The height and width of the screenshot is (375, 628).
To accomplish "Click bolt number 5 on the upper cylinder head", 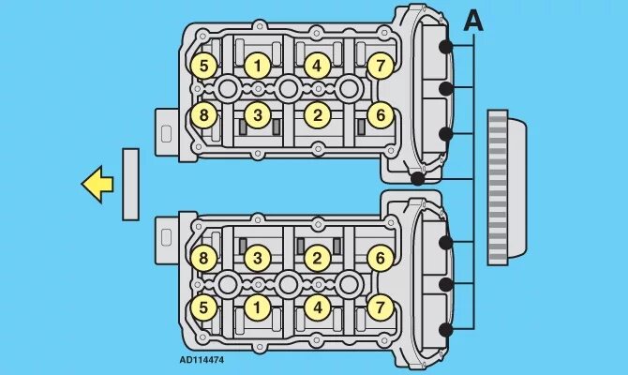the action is [203, 66].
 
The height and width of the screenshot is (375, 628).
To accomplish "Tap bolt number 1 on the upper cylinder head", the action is [258, 66].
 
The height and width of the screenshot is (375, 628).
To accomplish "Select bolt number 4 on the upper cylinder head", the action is [317, 66].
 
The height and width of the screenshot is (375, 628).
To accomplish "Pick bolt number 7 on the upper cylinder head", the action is [378, 66].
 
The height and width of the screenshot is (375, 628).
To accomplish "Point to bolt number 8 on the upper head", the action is [203, 115].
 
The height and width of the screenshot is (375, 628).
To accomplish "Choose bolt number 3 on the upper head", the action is [258, 115].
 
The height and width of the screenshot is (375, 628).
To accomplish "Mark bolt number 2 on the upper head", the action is [317, 115].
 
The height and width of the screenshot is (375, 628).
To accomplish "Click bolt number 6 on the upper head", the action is [378, 115].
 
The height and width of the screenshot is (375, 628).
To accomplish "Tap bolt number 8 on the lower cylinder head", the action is [203, 259].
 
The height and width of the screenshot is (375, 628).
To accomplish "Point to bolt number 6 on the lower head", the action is [378, 259].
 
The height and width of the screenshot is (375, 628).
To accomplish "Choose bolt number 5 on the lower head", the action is [203, 307].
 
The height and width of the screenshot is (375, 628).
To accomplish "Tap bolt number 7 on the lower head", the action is [378, 307].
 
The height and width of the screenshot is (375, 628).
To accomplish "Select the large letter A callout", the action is [473, 21].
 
